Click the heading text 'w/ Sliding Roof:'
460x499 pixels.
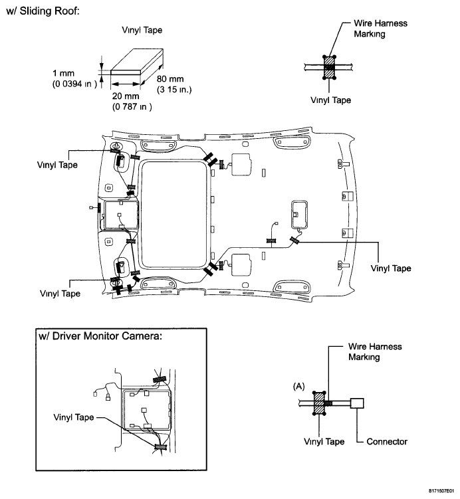click(x=43, y=11)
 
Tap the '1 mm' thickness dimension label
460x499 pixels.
click(x=63, y=73)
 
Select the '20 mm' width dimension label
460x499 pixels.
click(x=126, y=96)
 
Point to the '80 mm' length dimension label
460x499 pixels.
click(x=170, y=78)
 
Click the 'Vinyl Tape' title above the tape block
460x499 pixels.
click(x=142, y=30)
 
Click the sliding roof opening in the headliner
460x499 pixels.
click(x=173, y=215)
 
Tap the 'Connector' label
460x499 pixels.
click(x=387, y=441)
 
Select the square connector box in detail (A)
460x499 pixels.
click(x=357, y=403)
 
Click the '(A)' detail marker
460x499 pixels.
click(x=298, y=386)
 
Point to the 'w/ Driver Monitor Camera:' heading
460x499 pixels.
click(x=100, y=336)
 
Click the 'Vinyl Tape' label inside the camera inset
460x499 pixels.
click(x=74, y=417)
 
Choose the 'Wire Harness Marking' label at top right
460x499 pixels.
click(x=380, y=29)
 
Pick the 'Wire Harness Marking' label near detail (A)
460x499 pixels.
click(x=375, y=351)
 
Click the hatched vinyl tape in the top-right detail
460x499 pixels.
click(x=329, y=67)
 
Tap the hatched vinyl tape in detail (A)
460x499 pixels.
click(x=319, y=403)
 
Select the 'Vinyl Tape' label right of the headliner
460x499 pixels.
click(x=391, y=268)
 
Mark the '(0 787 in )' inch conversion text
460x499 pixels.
click(x=132, y=106)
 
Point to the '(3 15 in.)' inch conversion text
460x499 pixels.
click(x=174, y=90)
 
